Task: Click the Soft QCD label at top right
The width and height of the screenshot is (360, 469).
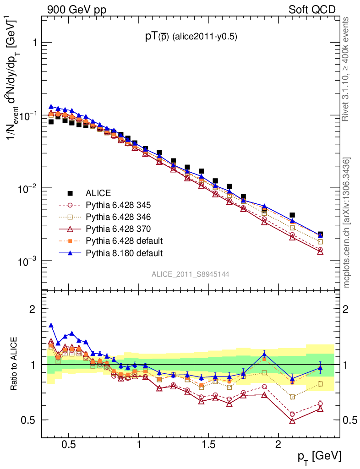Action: point(312,10)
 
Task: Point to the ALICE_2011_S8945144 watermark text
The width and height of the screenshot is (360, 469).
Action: point(191,274)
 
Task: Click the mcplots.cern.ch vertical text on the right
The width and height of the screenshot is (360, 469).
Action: point(347,222)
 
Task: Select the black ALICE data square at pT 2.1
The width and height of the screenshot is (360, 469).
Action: point(292,215)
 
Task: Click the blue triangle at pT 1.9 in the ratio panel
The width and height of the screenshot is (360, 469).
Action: point(264,354)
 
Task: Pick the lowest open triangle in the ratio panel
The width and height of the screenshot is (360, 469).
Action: point(292,421)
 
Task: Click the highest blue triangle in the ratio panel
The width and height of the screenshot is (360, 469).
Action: point(51,325)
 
